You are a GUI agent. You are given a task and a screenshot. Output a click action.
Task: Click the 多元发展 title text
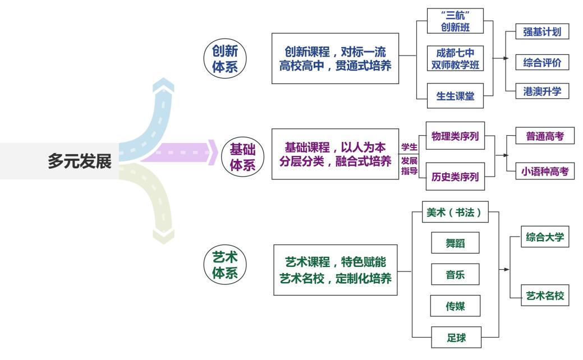click(x=80, y=161)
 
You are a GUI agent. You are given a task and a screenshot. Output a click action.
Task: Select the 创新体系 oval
click(x=224, y=58)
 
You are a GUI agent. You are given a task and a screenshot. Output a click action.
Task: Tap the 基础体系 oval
click(x=242, y=156)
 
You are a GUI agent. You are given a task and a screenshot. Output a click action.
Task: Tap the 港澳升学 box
click(x=541, y=91)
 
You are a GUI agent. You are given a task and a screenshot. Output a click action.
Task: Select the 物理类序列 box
click(x=455, y=137)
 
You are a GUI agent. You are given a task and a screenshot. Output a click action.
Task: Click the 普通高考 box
click(x=545, y=136)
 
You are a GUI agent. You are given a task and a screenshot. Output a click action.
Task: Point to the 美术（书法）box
click(x=455, y=214)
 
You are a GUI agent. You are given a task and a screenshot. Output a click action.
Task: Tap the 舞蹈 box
click(x=455, y=243)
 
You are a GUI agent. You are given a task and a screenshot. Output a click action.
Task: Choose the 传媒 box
click(x=455, y=306)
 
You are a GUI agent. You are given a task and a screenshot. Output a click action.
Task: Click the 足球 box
click(x=455, y=338)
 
